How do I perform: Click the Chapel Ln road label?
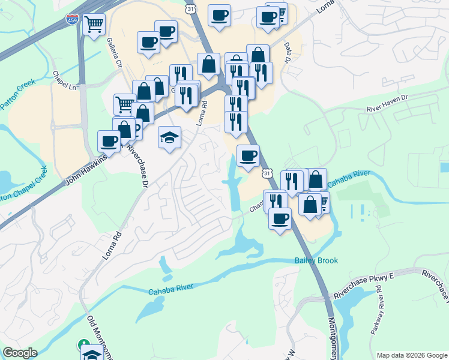(x=66, y=82)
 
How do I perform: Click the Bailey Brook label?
(x=316, y=260)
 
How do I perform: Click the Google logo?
(x=20, y=352)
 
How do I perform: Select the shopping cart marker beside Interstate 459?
(x=94, y=24)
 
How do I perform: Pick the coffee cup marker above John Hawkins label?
(x=109, y=141)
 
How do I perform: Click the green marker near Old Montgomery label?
(x=84, y=345)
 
